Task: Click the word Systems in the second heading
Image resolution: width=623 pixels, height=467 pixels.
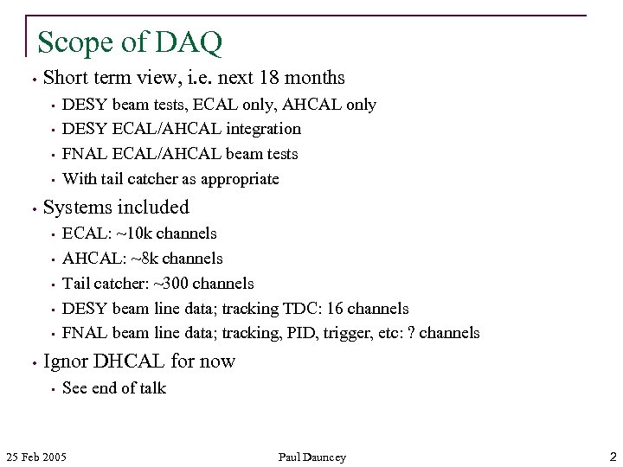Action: pyautogui.click(x=77, y=208)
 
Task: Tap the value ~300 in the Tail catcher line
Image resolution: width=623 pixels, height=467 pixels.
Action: pyautogui.click(x=170, y=284)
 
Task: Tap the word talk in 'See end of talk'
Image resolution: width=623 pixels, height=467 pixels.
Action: pyautogui.click(x=152, y=388)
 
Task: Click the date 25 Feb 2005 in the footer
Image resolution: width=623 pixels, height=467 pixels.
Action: pyautogui.click(x=36, y=457)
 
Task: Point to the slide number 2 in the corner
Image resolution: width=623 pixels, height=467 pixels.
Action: pyautogui.click(x=612, y=456)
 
